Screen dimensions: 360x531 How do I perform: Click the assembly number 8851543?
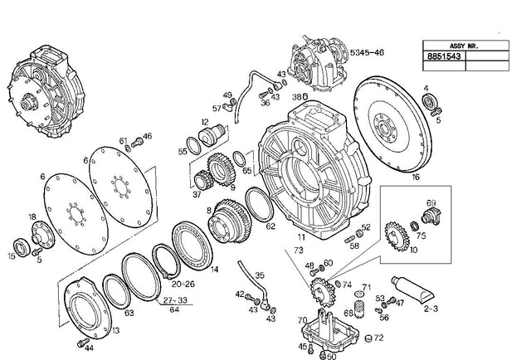point(441,57)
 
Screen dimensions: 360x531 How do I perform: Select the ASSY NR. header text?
point(451,46)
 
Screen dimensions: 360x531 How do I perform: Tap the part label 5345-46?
point(366,51)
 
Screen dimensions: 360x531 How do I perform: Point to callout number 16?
point(416,177)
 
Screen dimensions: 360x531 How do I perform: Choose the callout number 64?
point(173,310)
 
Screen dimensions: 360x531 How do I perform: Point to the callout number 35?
point(259,275)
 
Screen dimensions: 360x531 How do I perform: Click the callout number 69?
point(431,203)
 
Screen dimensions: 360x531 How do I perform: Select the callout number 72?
point(379,338)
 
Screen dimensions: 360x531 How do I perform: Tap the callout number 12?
point(205,122)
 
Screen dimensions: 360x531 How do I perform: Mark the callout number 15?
point(12,256)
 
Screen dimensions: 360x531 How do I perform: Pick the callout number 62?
point(270,225)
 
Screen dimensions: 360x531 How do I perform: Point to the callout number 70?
point(302,319)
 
